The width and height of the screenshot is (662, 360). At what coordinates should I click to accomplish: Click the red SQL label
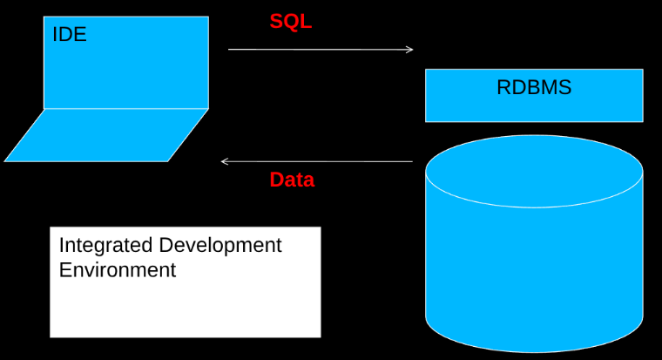(290, 22)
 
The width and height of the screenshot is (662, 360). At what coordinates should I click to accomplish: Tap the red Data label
(292, 180)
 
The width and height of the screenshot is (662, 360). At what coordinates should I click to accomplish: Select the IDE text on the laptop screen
(70, 35)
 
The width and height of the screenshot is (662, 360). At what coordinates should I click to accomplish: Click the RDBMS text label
(534, 87)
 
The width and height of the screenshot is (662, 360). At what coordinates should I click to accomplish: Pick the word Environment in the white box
(117, 270)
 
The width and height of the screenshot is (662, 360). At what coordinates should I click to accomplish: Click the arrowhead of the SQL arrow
(409, 50)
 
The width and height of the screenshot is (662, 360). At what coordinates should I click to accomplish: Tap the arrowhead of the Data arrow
(225, 161)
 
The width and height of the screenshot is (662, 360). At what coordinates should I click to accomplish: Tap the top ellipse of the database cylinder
(534, 171)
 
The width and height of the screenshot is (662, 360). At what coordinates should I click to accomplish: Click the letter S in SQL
(276, 22)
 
